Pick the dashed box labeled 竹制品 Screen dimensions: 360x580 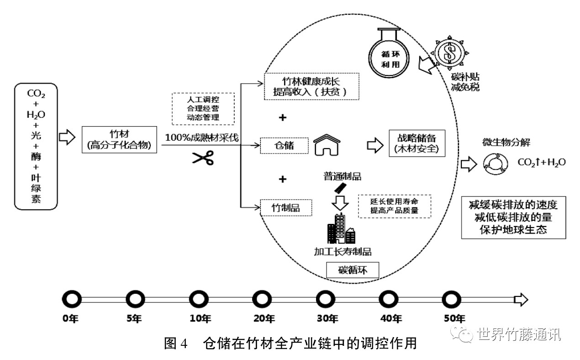(x=286, y=207)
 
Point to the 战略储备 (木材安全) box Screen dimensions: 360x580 (x=417, y=143)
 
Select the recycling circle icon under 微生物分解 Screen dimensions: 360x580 (x=495, y=163)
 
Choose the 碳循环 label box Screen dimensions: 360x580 (x=353, y=270)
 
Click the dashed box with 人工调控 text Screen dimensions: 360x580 (x=203, y=108)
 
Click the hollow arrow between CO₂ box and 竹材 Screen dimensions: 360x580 (x=67, y=137)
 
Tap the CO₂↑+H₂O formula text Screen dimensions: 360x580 (x=541, y=162)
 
